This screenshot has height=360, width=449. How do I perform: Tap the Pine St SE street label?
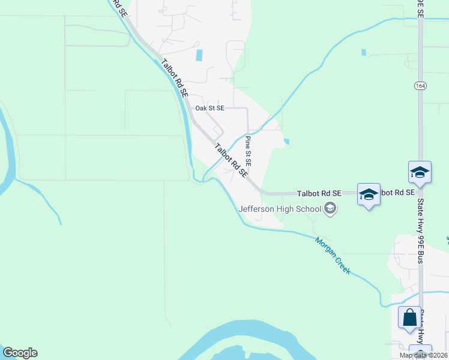248,151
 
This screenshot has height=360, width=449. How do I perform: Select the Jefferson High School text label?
280,209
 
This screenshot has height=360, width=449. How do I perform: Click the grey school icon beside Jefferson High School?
329,209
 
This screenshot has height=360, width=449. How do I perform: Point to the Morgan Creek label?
333,254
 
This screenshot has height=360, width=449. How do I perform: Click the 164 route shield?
420,86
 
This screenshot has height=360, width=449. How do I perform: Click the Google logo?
20,353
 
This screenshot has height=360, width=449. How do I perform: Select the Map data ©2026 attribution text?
423,355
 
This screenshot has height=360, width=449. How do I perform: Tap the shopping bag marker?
409,317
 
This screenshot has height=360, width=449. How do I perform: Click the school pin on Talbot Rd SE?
369,194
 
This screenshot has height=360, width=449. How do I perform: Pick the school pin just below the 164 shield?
420,173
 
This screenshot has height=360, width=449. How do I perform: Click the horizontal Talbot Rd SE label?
319,193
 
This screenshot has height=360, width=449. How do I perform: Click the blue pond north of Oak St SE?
199,55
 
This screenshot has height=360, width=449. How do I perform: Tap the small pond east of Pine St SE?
286,142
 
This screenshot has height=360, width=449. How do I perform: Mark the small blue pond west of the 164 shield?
364,53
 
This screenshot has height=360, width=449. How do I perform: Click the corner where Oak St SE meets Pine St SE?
247,109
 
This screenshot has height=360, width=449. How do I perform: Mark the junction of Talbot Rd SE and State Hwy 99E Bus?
420,193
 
